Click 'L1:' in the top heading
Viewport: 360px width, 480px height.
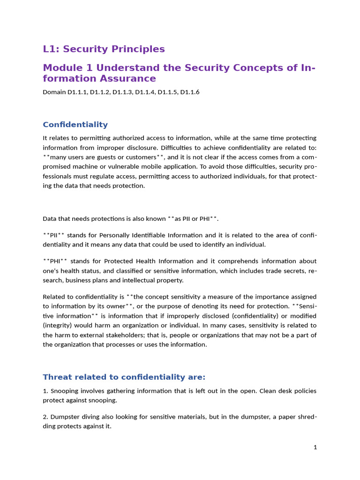point(51,49)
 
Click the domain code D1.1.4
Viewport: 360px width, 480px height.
point(145,92)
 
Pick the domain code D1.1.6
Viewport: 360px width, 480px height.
point(189,92)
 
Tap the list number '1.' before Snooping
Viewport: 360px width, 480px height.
point(45,391)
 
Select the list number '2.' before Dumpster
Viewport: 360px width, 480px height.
point(45,417)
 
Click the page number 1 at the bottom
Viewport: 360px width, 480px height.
point(315,447)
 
